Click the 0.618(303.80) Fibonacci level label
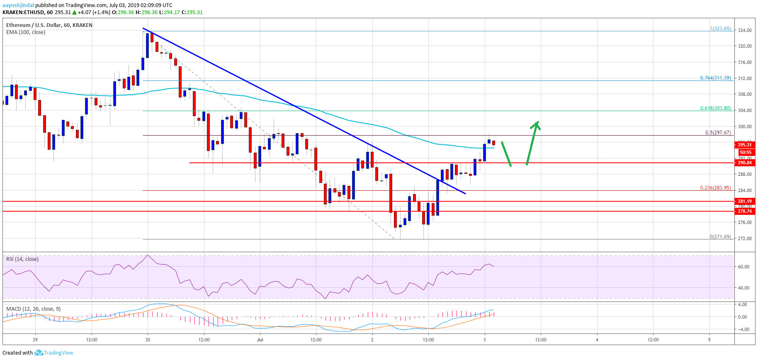click(715, 108)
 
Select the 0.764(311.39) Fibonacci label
click(715, 78)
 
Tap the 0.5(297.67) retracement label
click(718, 133)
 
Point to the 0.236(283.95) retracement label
click(715, 188)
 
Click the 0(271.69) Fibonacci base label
click(720, 237)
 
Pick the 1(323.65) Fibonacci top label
click(720, 29)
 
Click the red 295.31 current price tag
click(745, 145)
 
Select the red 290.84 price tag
click(745, 163)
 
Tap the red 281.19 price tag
click(745, 201)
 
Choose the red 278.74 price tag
click(745, 211)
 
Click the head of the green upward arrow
click(537, 124)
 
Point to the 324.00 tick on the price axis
click(745, 30)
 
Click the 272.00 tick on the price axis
click(745, 238)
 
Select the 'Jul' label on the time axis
click(260, 340)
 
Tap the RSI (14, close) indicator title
click(22, 259)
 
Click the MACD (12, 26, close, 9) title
click(33, 309)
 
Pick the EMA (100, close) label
click(26, 32)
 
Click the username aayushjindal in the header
click(18, 5)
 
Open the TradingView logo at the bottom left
click(54, 353)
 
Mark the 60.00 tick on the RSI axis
click(743, 267)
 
